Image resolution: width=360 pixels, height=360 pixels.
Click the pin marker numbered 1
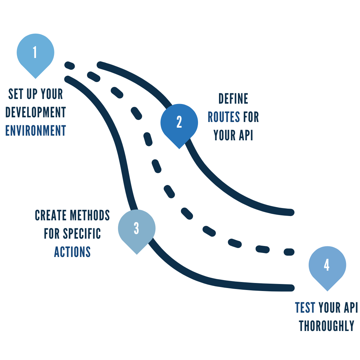(35, 53)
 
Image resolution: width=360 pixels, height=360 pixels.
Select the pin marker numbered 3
(136, 229)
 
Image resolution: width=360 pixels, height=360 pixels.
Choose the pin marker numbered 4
(327, 266)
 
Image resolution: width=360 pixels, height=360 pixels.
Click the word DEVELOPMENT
(36, 113)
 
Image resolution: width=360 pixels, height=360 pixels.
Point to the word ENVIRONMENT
(36, 131)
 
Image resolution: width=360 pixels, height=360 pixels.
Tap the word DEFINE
(233, 99)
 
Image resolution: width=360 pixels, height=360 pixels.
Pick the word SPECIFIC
(82, 234)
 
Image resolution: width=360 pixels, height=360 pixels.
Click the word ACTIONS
(72, 252)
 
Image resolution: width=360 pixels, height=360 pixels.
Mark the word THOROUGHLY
(326, 326)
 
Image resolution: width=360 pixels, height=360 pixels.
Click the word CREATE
(50, 216)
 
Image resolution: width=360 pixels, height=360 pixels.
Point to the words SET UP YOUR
(36, 94)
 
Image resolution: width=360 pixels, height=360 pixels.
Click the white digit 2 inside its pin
(179, 122)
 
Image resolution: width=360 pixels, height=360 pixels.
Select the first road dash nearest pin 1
(69, 65)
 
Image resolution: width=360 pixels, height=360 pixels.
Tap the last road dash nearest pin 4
(289, 252)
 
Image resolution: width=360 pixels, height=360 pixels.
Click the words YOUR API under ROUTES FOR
(233, 135)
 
